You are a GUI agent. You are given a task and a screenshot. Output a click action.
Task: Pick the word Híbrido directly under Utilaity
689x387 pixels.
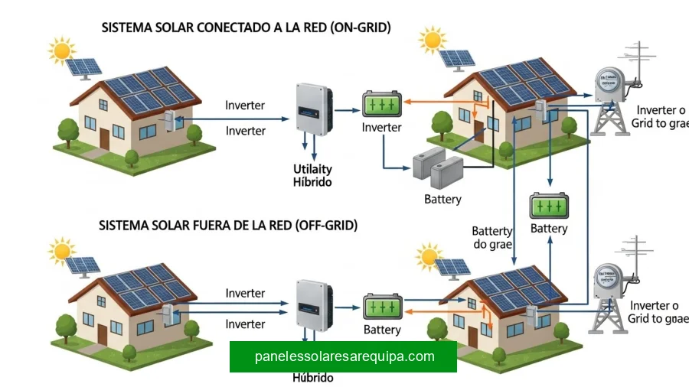313,182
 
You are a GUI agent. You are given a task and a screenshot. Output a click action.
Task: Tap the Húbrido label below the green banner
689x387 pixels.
313,378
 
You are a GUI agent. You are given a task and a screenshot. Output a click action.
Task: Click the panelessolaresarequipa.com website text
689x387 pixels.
344,356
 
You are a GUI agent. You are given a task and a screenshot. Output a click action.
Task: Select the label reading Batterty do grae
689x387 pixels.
492,238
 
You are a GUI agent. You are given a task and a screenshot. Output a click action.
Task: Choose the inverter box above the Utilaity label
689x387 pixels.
314,107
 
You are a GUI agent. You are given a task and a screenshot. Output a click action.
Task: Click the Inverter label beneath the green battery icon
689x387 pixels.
381,127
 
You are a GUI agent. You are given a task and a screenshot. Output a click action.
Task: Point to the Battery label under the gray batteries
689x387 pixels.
442,199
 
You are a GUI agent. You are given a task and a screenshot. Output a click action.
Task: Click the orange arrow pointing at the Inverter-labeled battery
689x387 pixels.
409,100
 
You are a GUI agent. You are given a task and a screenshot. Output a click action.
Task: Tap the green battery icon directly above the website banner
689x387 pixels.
382,307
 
